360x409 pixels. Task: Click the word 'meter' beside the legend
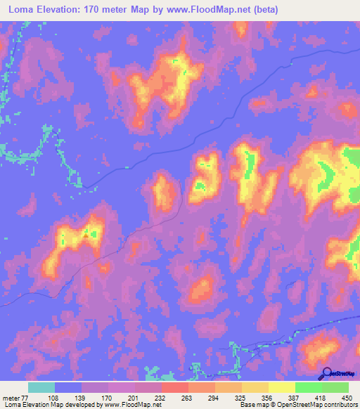pos(12,397)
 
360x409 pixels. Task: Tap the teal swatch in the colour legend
pos(41,387)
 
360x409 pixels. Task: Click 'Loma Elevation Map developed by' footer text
pos(49,405)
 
